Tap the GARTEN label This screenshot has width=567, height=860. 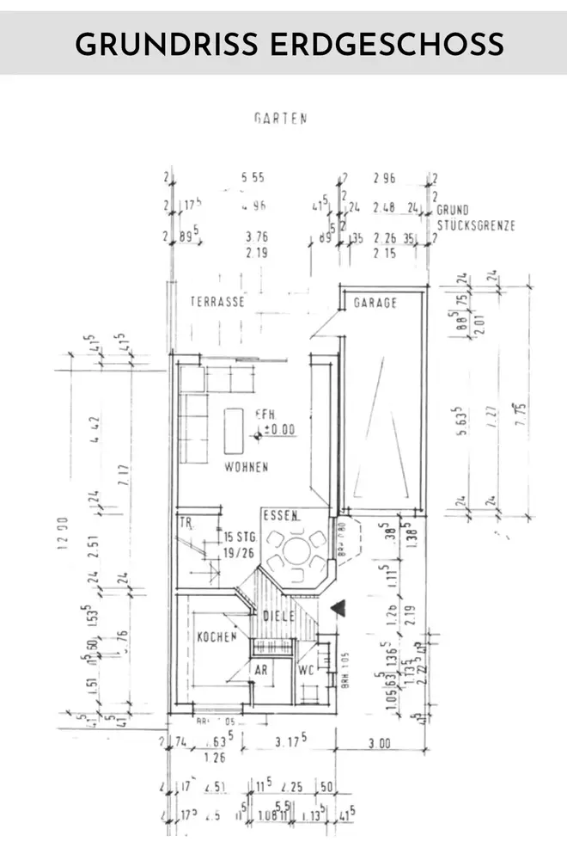281,120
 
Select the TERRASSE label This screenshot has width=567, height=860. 218,303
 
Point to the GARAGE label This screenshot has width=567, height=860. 376,303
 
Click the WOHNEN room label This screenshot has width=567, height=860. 247,467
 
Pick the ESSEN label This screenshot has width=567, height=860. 282,517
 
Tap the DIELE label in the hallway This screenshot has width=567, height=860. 279,616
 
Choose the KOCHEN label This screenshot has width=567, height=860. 216,637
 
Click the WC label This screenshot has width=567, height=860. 307,668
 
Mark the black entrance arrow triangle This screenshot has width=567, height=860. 339,608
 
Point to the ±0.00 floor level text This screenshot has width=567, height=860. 278,429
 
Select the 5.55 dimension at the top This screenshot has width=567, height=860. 253,178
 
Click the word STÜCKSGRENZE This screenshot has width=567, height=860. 476,226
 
